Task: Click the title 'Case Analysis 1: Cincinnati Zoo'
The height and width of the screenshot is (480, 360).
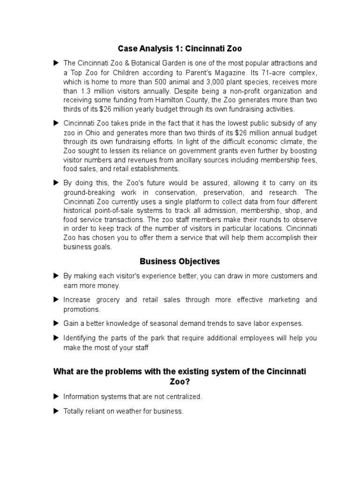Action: coord(180,48)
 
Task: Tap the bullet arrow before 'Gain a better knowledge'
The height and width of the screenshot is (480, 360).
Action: coord(56,323)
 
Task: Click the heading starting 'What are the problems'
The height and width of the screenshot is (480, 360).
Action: coord(180,371)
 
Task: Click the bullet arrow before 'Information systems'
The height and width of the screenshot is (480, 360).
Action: coord(56,396)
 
